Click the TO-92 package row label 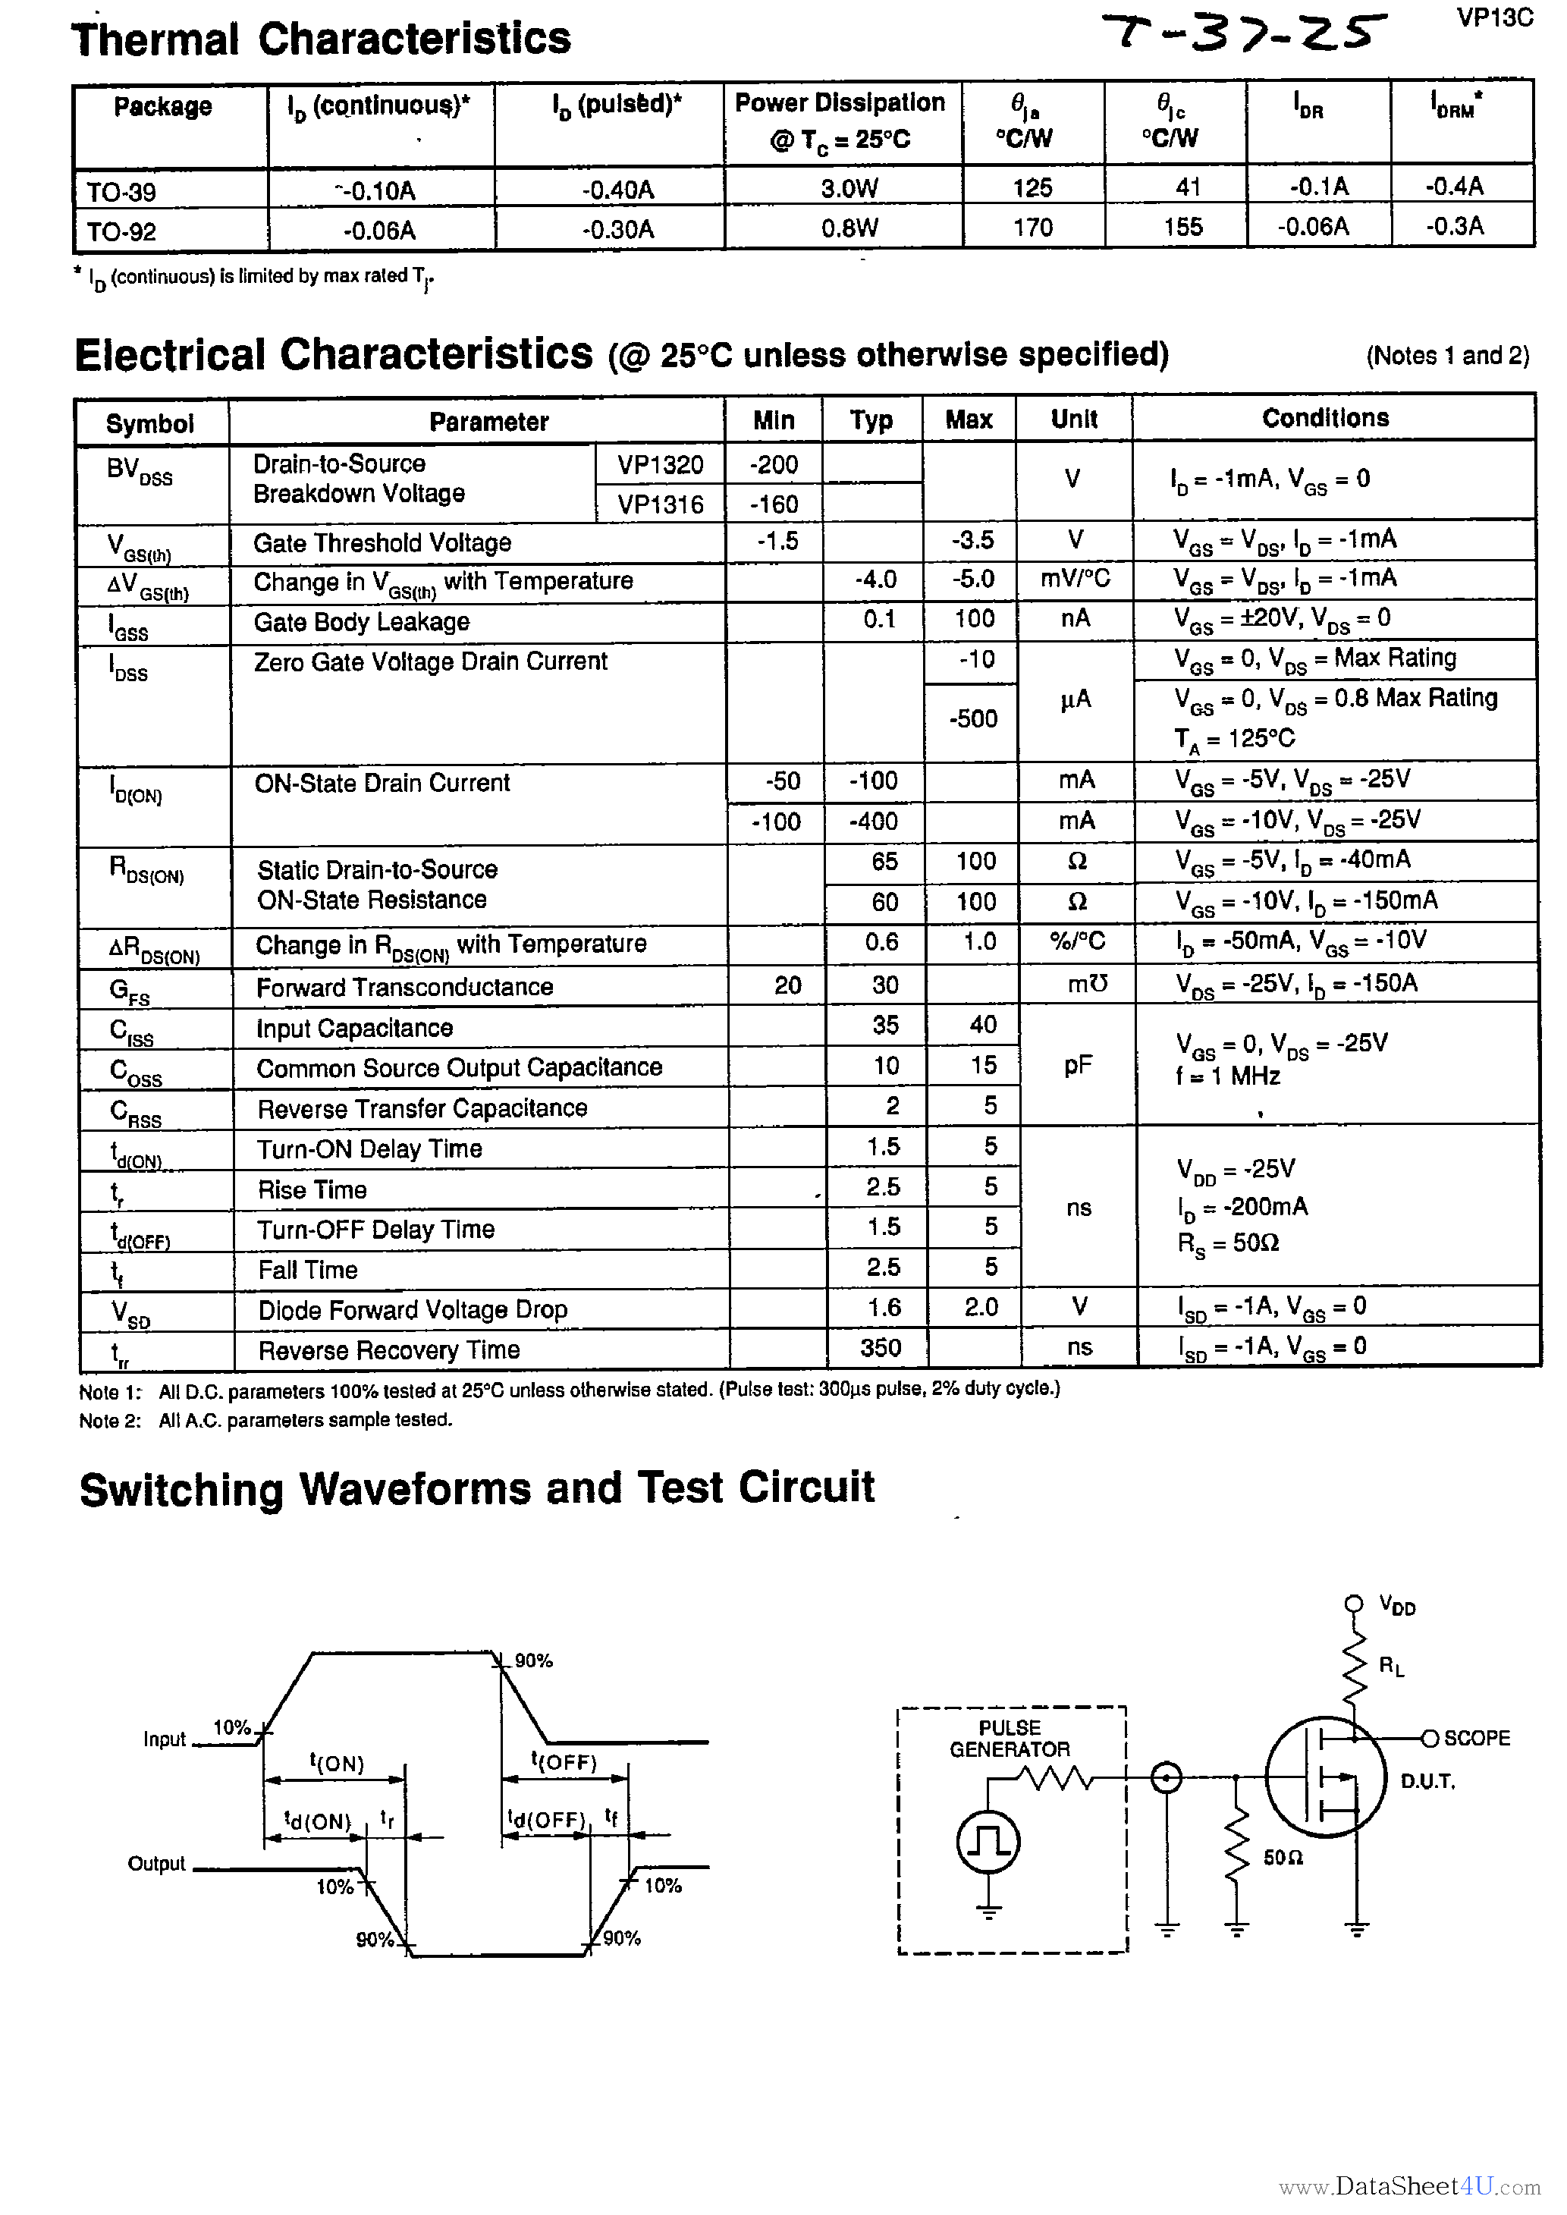(121, 231)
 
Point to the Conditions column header (1325, 418)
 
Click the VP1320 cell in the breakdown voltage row (660, 465)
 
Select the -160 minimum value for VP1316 (774, 504)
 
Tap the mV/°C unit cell (1075, 579)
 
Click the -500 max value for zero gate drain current (972, 718)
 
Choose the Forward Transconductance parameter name (404, 987)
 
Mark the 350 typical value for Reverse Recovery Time (880, 1348)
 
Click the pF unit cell (1077, 1066)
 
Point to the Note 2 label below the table (110, 1420)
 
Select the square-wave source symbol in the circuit (987, 1842)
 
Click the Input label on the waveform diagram (164, 1739)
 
